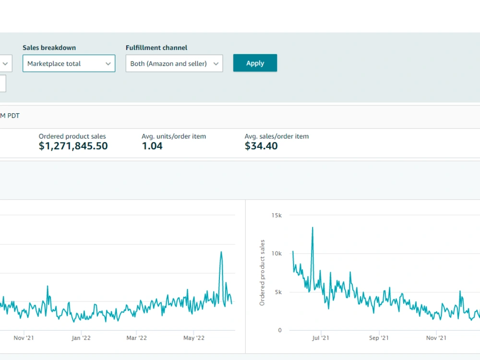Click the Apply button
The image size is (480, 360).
click(x=255, y=63)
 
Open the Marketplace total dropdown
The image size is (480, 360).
click(x=69, y=63)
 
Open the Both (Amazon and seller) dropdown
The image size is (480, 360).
click(x=174, y=63)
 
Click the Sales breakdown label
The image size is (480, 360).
click(x=49, y=48)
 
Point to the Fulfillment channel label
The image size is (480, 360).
click(x=156, y=48)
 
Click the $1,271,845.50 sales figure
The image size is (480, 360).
click(x=73, y=146)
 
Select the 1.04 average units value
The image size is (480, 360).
click(x=152, y=146)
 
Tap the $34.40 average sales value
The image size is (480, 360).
click(x=261, y=146)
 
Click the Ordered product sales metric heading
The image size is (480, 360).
click(x=72, y=136)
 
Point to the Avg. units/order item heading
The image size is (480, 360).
click(x=174, y=136)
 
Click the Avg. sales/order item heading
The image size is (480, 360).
click(x=277, y=136)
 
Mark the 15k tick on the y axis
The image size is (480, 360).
click(x=276, y=215)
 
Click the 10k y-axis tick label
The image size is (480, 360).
click(x=276, y=253)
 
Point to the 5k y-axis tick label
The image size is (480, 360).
click(x=278, y=292)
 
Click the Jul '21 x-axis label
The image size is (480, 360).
click(x=321, y=338)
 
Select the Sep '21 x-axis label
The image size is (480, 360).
click(x=379, y=338)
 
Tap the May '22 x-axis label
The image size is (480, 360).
click(x=194, y=338)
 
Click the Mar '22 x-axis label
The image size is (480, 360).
click(x=136, y=338)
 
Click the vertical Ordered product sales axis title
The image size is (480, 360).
click(x=262, y=273)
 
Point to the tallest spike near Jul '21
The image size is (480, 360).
click(x=312, y=228)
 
